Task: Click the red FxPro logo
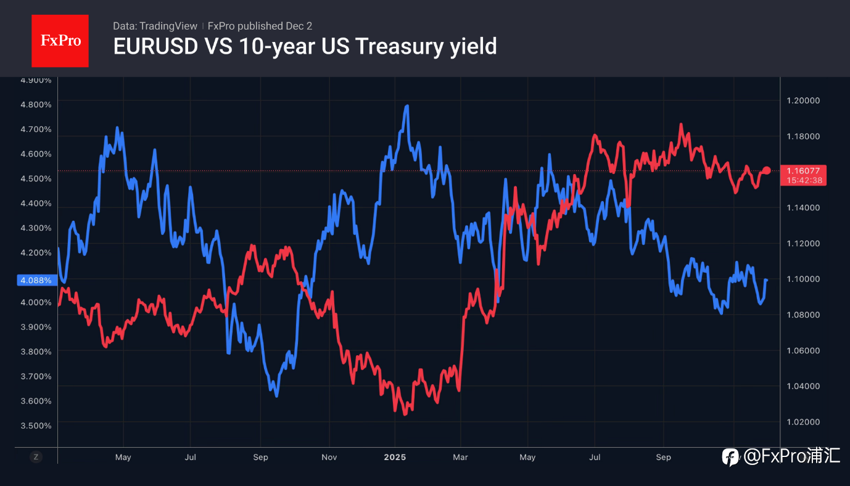click(60, 41)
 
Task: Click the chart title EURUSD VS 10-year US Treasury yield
click(305, 46)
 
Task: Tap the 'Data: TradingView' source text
click(155, 26)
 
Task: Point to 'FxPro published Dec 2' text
click(260, 26)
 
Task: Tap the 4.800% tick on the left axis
click(36, 104)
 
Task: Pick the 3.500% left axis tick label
click(36, 426)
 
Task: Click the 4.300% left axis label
click(36, 228)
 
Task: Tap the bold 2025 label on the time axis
click(395, 457)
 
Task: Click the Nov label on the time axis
click(329, 457)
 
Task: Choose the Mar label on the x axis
click(460, 457)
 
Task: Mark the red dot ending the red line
click(767, 170)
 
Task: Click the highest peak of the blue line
click(406, 106)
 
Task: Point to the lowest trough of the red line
click(405, 414)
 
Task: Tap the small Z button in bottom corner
click(36, 457)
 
